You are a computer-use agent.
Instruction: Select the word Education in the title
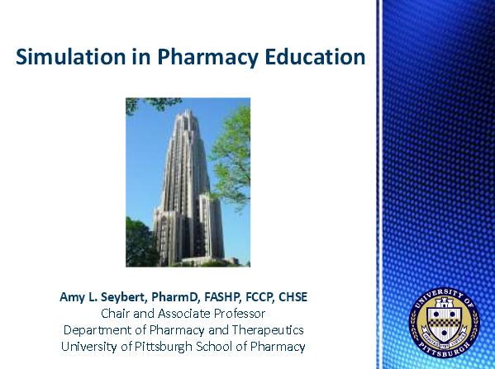(317, 58)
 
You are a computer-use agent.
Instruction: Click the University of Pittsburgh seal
(443, 321)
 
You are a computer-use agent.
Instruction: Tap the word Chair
(117, 314)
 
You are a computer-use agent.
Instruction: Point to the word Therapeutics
(264, 330)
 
